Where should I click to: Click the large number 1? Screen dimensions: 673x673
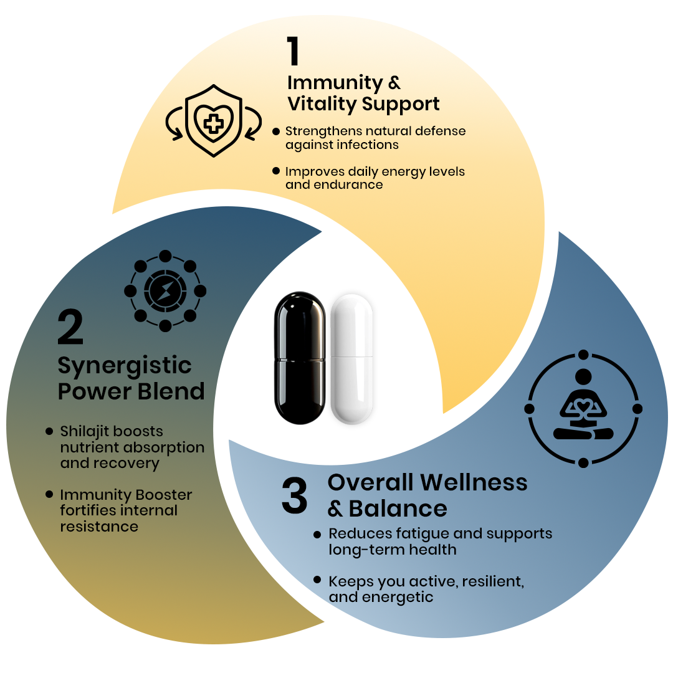click(293, 52)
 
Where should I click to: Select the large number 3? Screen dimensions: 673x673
click(294, 497)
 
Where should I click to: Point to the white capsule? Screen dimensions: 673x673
click(353, 360)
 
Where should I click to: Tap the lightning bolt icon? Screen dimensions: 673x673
click(165, 291)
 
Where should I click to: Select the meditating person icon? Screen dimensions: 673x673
click(583, 409)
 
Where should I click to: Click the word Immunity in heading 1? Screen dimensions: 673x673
click(334, 83)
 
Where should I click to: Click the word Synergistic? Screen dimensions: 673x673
click(125, 366)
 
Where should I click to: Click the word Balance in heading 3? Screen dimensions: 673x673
click(398, 509)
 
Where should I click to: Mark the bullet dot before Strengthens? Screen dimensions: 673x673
click(276, 131)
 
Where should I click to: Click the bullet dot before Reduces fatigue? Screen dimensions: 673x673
click(317, 535)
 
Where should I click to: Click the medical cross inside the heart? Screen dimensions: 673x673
click(214, 123)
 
